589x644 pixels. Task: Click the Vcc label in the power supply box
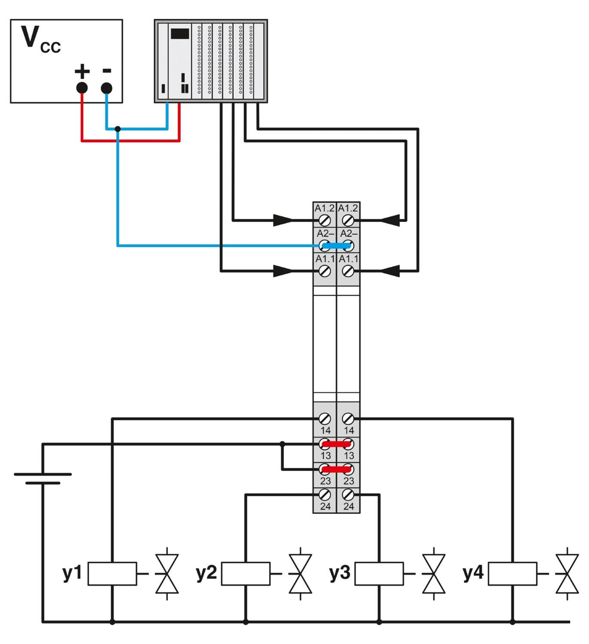pyautogui.click(x=40, y=40)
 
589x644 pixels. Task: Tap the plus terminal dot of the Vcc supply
pyautogui.click(x=81, y=88)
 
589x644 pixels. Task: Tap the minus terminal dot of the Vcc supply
pyautogui.click(x=106, y=88)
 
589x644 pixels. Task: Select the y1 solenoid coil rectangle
pyautogui.click(x=112, y=573)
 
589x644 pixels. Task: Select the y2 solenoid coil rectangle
pyautogui.click(x=246, y=573)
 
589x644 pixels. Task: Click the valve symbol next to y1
pyautogui.click(x=166, y=573)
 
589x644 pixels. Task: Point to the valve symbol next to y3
pyautogui.click(x=434, y=573)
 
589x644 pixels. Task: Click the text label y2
pyautogui.click(x=206, y=573)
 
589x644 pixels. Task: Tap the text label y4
pyautogui.click(x=474, y=573)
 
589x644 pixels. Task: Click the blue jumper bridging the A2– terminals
pyautogui.click(x=336, y=246)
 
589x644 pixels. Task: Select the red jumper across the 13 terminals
pyautogui.click(x=336, y=444)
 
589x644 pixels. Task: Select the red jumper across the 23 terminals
pyautogui.click(x=336, y=469)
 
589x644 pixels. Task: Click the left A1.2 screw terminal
pyautogui.click(x=324, y=221)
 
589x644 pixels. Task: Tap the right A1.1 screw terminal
pyautogui.click(x=348, y=271)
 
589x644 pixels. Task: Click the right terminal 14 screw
pyautogui.click(x=348, y=419)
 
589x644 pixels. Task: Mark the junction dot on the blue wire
pyautogui.click(x=118, y=128)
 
